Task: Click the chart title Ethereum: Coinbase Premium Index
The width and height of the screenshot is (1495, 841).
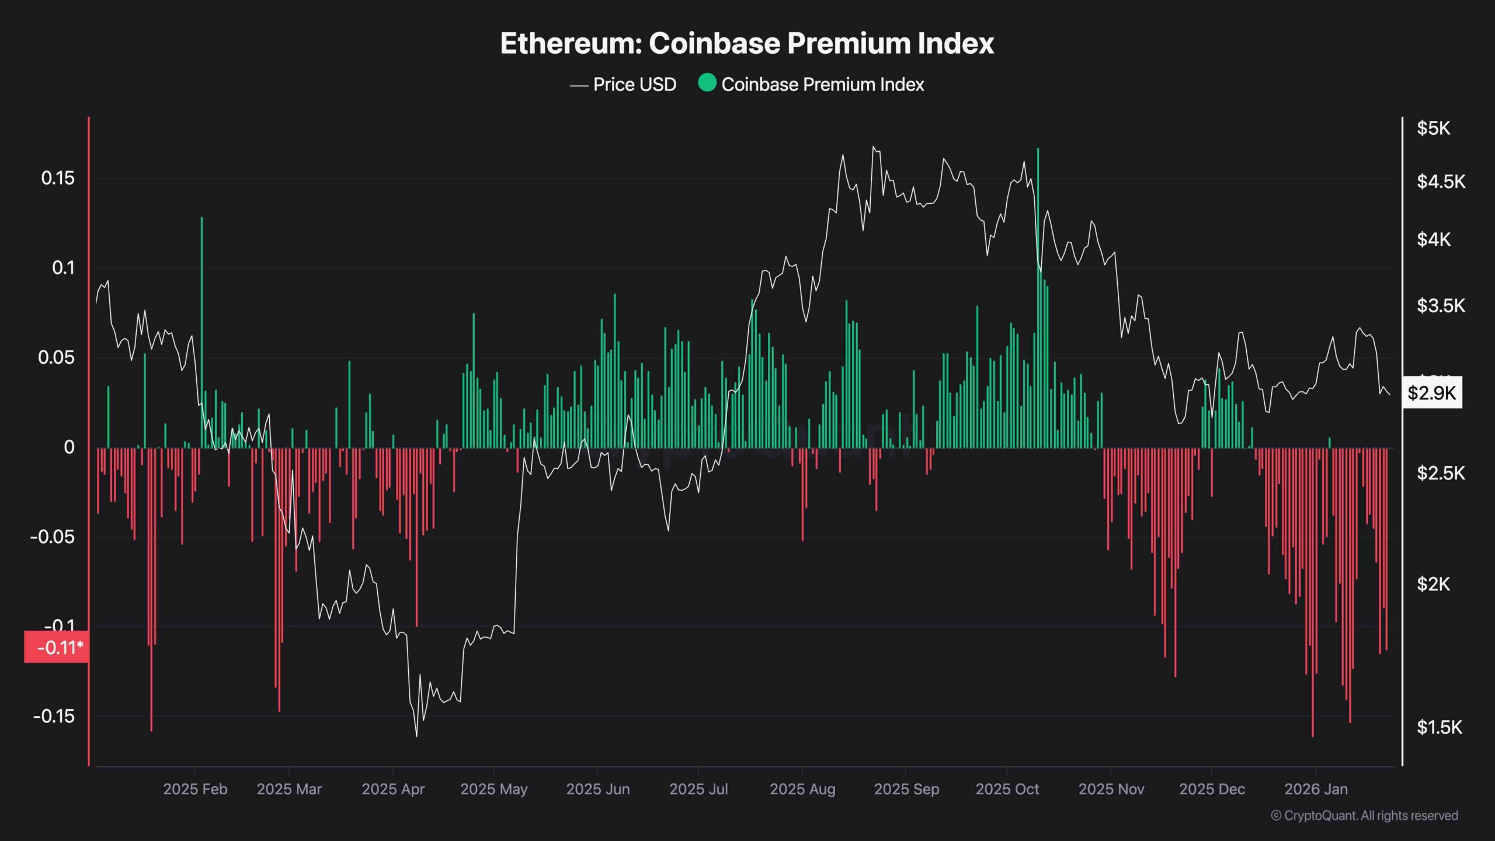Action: pos(746,44)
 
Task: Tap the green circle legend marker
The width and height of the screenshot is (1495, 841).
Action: pos(707,83)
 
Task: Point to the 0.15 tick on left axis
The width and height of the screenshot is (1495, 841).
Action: pos(57,178)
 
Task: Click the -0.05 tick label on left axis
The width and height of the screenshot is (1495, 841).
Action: pos(53,537)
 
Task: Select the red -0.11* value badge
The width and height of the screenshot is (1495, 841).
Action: pos(57,647)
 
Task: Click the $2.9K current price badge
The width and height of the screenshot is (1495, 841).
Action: pos(1431,392)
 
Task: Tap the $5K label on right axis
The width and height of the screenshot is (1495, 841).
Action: pos(1433,128)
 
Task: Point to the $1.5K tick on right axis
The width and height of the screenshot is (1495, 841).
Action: pos(1439,727)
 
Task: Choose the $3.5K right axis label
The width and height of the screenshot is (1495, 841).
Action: pos(1440,305)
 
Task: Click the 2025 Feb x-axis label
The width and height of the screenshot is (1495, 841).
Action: pos(194,789)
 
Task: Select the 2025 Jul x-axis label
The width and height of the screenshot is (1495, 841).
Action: pos(698,789)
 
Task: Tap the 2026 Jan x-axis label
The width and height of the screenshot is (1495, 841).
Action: pos(1316,789)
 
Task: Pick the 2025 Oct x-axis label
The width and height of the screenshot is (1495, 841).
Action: pos(1007,789)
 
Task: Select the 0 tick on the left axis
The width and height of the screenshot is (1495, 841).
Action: pos(69,447)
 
